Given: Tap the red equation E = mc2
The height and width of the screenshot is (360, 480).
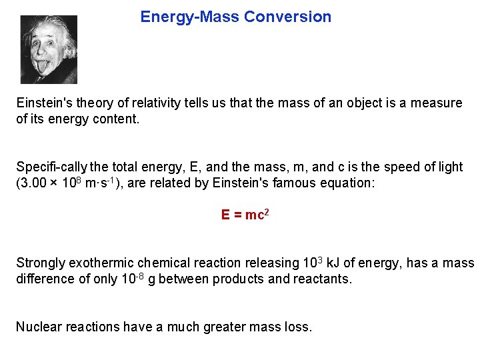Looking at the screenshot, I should (245, 215).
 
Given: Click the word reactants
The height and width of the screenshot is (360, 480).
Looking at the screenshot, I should (321, 279).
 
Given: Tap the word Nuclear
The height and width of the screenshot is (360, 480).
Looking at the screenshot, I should (37, 327).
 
